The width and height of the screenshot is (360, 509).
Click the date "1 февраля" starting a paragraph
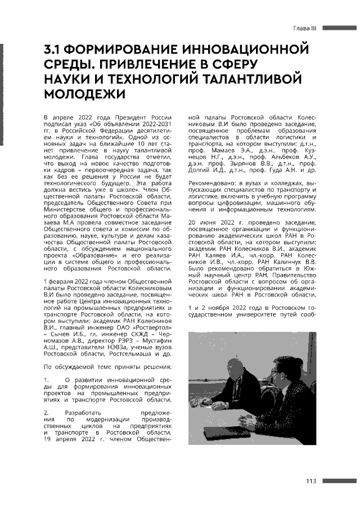coord(59,280)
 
